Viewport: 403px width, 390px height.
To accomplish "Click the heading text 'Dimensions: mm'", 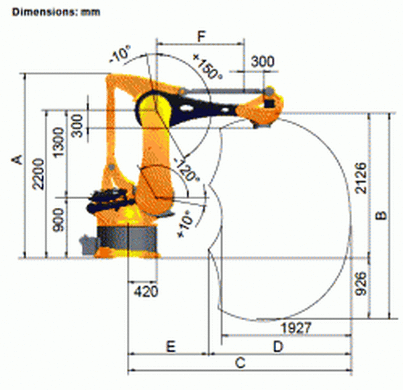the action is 56,12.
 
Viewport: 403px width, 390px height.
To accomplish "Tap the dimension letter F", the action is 201,36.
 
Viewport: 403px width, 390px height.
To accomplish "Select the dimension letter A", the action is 17,159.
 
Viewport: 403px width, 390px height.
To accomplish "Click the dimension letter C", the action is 240,363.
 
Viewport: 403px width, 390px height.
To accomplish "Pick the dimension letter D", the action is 278,346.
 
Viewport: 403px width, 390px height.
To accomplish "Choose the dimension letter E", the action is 171,346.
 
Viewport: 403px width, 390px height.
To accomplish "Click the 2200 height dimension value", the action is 39,174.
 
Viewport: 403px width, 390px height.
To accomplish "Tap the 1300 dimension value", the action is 58,142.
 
